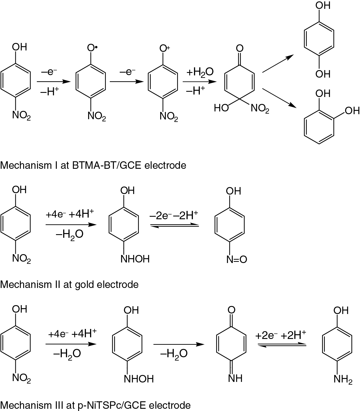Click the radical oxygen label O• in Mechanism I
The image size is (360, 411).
[x=92, y=48]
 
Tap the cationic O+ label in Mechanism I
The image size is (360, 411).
[x=165, y=48]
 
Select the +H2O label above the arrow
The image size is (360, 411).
[x=200, y=72]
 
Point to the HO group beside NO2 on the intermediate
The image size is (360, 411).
[x=221, y=108]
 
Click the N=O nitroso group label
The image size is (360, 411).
[x=236, y=259]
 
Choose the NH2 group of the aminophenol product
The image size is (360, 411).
[x=343, y=379]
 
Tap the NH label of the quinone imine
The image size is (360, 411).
[x=235, y=378]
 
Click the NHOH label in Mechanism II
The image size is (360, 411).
[x=135, y=259]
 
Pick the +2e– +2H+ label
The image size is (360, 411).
[x=280, y=335]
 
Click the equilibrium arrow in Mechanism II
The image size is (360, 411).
[x=175, y=226]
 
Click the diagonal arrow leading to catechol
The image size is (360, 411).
[x=278, y=98]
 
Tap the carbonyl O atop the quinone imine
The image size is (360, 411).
[x=231, y=310]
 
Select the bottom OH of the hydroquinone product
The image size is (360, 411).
[x=323, y=74]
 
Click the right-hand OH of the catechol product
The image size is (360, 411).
[x=352, y=111]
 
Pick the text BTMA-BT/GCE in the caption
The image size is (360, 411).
[x=107, y=165]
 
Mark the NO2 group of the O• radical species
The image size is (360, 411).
[x=97, y=116]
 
